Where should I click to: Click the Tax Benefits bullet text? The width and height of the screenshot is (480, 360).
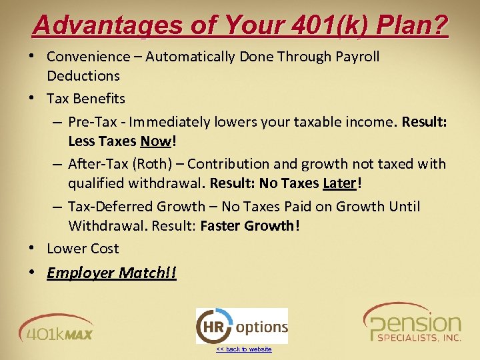tap(86, 99)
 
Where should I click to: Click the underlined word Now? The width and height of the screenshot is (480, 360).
tap(155, 141)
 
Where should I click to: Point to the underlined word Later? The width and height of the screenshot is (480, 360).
tap(340, 183)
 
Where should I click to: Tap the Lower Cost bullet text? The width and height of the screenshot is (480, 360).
tap(83, 249)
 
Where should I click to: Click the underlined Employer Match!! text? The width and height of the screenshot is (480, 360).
tap(111, 273)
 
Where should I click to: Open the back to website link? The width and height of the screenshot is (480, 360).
tap(244, 349)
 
